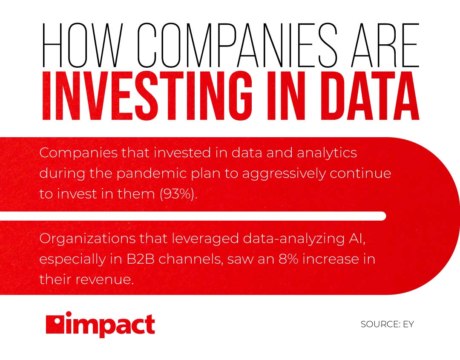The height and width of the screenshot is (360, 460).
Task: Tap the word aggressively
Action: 284,174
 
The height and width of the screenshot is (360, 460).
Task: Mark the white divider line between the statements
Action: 193,216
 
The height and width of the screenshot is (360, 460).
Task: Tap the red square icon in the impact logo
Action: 55,325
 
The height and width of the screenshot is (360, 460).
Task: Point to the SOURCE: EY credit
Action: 387,324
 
